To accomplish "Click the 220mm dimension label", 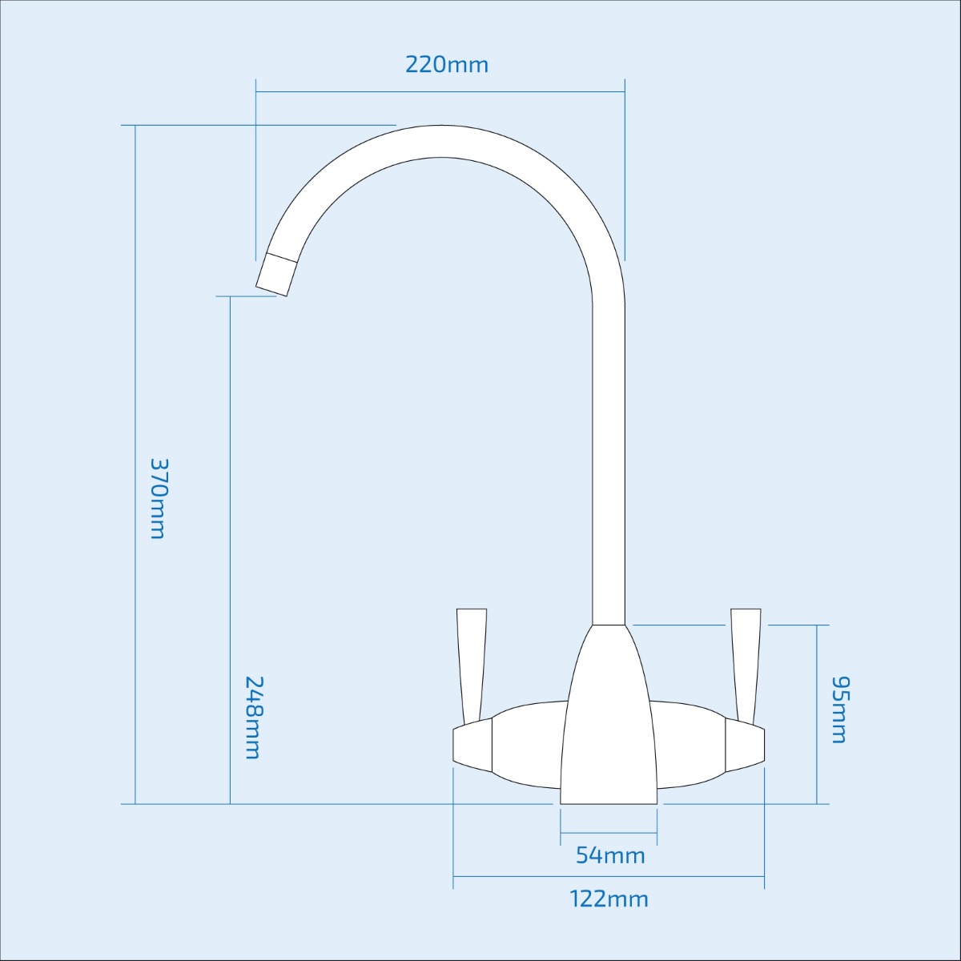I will (446, 64).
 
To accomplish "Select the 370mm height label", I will (159, 498).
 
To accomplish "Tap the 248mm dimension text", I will (253, 717).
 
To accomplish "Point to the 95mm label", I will (839, 710).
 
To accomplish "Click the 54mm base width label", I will (610, 855).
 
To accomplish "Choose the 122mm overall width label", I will (609, 899).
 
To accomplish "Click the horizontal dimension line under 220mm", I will (440, 91).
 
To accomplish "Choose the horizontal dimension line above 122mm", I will (609, 876).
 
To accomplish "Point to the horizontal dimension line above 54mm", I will (609, 833).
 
